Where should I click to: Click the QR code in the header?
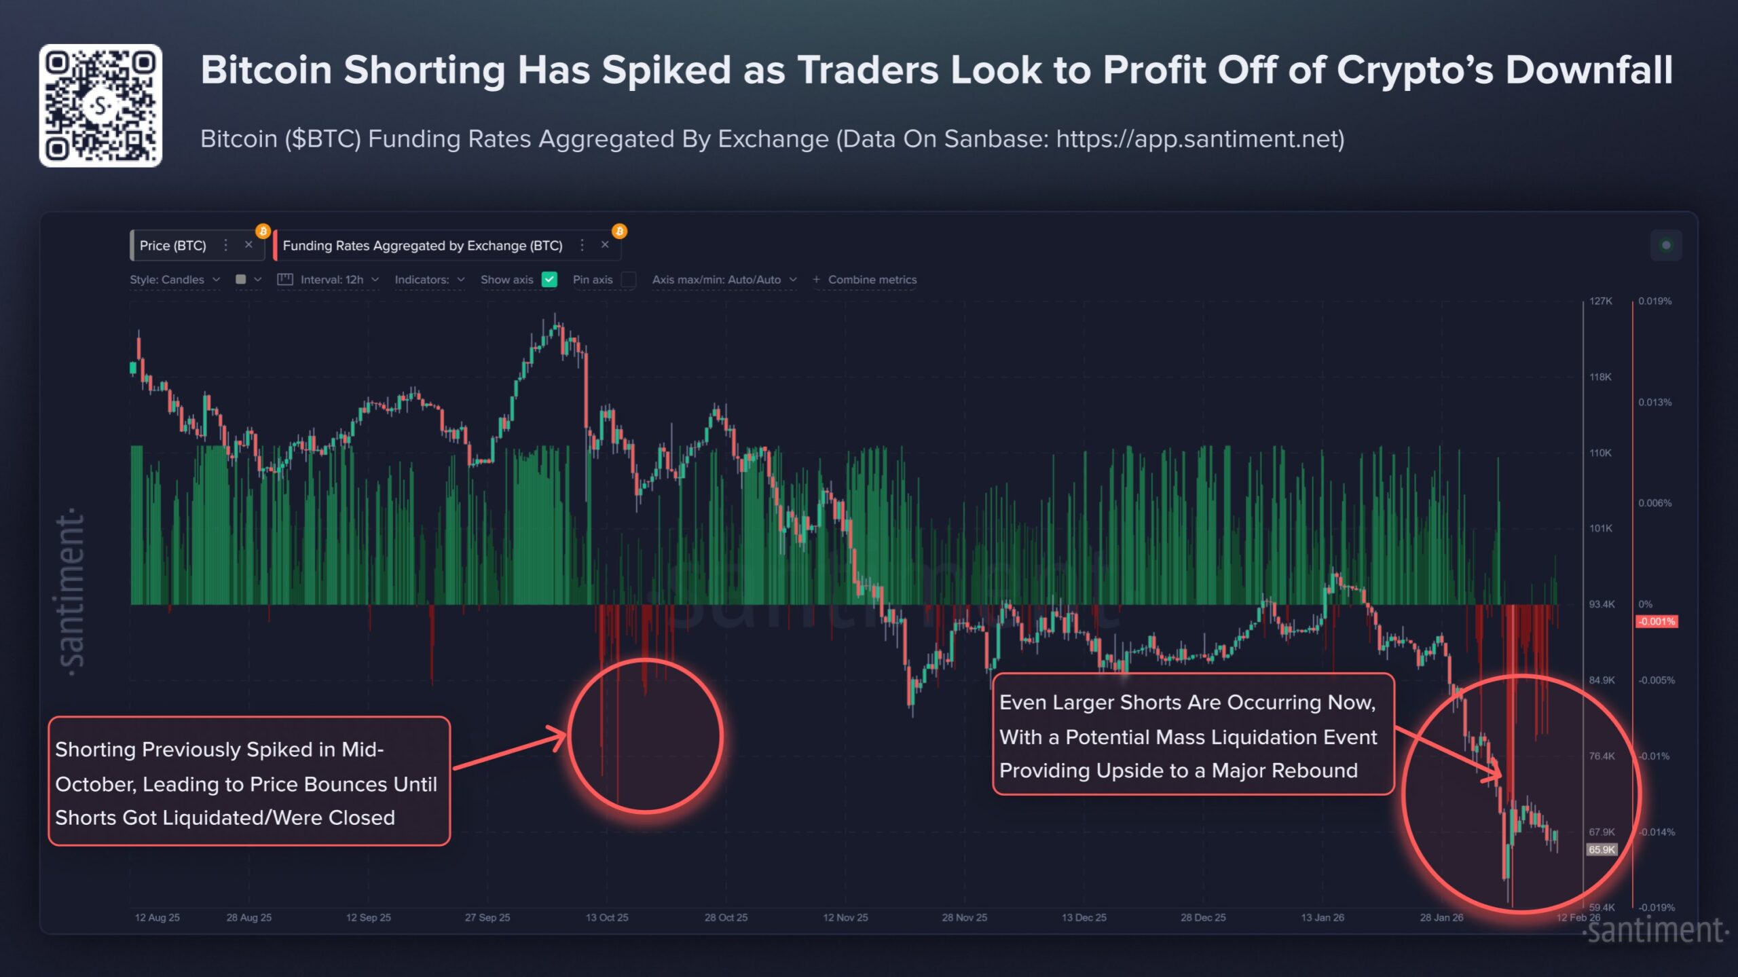click(x=100, y=105)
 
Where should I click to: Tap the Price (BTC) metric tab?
click(x=172, y=246)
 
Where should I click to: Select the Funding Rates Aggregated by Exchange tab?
click(x=422, y=246)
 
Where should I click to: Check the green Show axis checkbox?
click(x=549, y=280)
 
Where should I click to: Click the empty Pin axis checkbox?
click(x=629, y=280)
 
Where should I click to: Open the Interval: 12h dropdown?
click(x=332, y=280)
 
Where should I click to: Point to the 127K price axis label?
click(x=1600, y=301)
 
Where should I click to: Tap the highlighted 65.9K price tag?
click(x=1602, y=849)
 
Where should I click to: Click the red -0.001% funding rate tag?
click(x=1656, y=621)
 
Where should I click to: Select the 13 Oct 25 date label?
click(x=607, y=917)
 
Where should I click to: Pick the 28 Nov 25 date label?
click(x=964, y=917)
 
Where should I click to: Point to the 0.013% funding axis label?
click(x=1654, y=402)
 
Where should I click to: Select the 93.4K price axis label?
click(x=1602, y=604)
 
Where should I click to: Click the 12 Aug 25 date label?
click(x=157, y=917)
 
